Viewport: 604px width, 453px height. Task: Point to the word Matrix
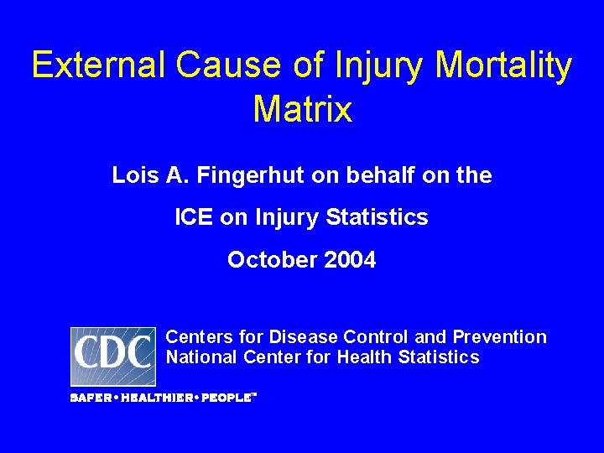pyautogui.click(x=302, y=109)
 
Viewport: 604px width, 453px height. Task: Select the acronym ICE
pyautogui.click(x=194, y=218)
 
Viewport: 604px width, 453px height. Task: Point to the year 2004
pyautogui.click(x=351, y=260)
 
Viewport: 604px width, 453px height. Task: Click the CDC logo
pyautogui.click(x=112, y=356)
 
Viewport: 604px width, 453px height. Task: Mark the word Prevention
pyautogui.click(x=499, y=337)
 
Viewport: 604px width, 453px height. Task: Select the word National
pyautogui.click(x=202, y=358)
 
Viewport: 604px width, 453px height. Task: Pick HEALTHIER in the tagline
pyautogui.click(x=157, y=398)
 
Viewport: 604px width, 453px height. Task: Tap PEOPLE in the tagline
pyautogui.click(x=224, y=398)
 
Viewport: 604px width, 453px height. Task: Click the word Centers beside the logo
pyautogui.click(x=200, y=337)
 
